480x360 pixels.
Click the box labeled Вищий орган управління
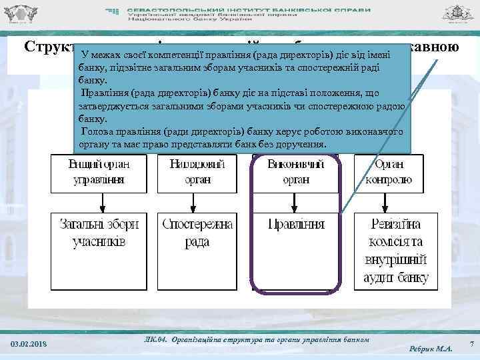[x=99, y=172]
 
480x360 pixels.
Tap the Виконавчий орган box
[x=296, y=172]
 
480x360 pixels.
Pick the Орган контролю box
[x=393, y=172]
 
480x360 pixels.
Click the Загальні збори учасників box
[x=99, y=233]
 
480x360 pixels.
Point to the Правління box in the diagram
[x=296, y=227]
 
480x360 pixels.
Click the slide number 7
[x=471, y=344]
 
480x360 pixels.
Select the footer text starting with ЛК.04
[x=256, y=340]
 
